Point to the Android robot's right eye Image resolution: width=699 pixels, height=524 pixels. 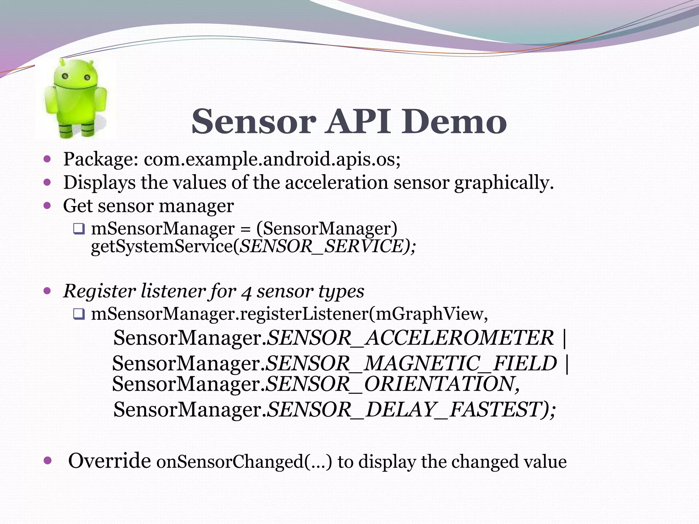pyautogui.click(x=87, y=77)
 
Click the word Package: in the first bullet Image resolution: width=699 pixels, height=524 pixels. pyautogui.click(x=101, y=160)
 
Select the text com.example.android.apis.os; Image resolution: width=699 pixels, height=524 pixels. pyautogui.click(x=272, y=160)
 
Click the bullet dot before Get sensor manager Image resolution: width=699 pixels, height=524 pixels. pyautogui.click(x=47, y=205)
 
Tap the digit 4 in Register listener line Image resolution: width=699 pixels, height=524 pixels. pyautogui.click(x=246, y=292)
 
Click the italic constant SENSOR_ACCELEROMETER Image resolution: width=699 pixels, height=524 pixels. pyautogui.click(x=410, y=338)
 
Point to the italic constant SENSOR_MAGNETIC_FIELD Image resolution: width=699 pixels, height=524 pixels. pyautogui.click(x=411, y=363)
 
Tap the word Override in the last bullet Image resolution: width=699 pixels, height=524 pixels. pyautogui.click(x=110, y=461)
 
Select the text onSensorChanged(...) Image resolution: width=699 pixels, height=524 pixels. pyautogui.click(x=244, y=462)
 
